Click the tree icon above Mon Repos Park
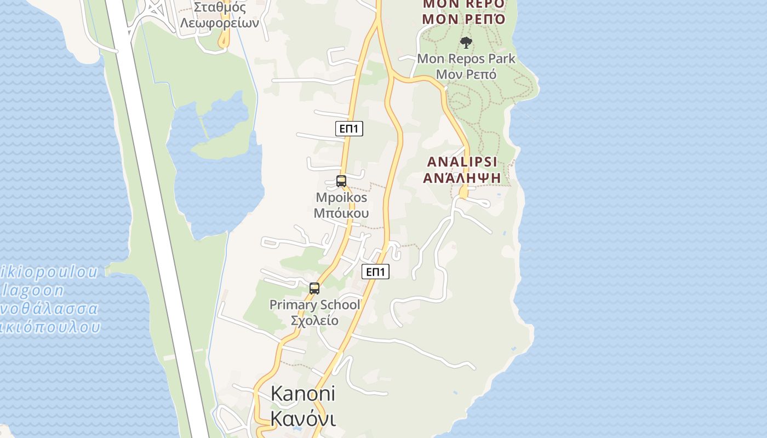coord(466,42)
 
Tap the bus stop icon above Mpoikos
coord(341,181)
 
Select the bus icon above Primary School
coord(314,288)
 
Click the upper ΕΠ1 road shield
coord(349,129)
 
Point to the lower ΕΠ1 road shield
coord(376,272)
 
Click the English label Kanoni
coord(302,394)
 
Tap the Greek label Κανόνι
coord(302,419)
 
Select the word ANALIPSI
coord(462,162)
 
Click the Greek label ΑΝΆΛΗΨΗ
coord(462,178)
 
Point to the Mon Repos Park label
coord(466,59)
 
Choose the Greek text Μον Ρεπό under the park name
coord(466,74)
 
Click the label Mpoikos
coord(341,197)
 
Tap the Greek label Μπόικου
coord(341,213)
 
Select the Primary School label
coord(315,305)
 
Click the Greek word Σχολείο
coord(314,320)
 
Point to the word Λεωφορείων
coord(219,24)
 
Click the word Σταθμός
coord(220,8)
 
